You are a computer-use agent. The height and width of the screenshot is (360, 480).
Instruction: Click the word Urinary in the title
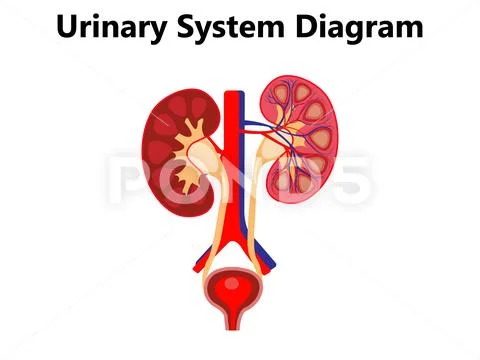[113, 27]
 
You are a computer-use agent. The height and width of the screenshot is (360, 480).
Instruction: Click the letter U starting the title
[66, 27]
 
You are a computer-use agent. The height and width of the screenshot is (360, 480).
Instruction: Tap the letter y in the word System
[213, 30]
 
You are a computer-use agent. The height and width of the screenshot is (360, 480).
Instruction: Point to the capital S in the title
[193, 27]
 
